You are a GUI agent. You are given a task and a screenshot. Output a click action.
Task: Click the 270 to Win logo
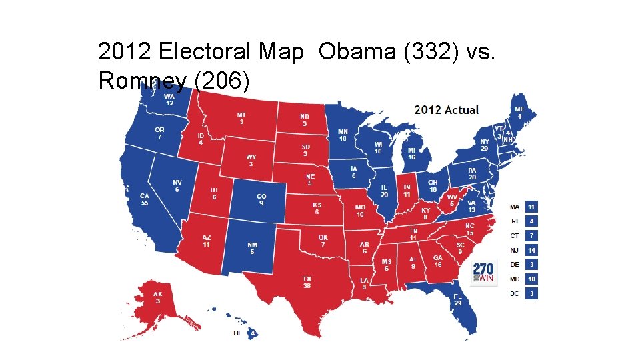point(483,273)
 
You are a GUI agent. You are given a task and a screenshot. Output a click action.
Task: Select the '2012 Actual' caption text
point(446,110)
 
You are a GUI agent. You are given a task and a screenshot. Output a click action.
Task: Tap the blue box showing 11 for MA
point(531,207)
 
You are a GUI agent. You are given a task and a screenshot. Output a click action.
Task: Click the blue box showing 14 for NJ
point(531,250)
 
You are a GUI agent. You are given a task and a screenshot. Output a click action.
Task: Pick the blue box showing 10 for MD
point(531,279)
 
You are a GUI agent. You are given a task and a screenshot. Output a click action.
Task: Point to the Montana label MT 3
point(241,118)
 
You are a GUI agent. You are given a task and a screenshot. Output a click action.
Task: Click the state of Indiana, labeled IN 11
point(407,191)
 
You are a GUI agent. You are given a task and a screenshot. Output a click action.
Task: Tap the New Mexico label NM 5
point(253,249)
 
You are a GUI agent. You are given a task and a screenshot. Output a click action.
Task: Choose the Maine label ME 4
point(519,112)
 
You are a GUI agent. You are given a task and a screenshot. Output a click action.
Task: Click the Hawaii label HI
point(236,333)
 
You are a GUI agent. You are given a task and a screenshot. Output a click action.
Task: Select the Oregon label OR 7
point(159,133)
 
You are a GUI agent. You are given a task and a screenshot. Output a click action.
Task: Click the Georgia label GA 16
point(437,261)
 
